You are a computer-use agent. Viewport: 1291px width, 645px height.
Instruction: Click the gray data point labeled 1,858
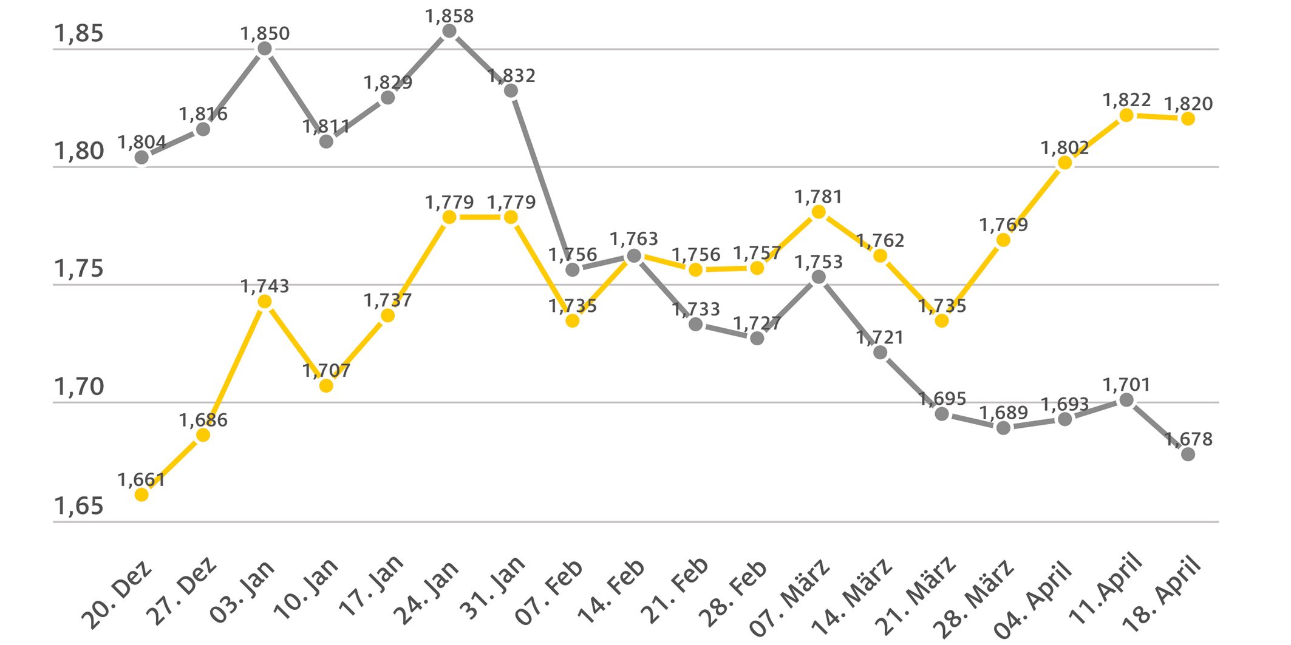pos(449,32)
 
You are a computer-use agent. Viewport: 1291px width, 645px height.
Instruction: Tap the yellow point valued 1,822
pos(1126,115)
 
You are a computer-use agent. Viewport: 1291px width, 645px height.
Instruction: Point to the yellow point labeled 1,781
pos(819,212)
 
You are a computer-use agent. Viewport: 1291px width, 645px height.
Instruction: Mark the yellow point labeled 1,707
pos(326,385)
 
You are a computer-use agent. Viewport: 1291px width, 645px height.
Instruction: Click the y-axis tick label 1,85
pos(79,33)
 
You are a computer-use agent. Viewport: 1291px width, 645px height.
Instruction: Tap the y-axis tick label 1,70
pos(79,387)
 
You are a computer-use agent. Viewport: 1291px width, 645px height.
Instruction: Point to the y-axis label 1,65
pos(79,505)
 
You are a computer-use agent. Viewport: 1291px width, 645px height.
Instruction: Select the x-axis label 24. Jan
pos(427,593)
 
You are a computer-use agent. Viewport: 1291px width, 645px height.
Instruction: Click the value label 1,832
pos(512,76)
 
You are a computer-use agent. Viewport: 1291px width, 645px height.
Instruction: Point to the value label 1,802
pos(1064,147)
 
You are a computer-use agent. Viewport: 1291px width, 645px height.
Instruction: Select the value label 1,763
pos(634,238)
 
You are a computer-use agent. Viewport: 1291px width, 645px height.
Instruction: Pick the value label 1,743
pos(265,286)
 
